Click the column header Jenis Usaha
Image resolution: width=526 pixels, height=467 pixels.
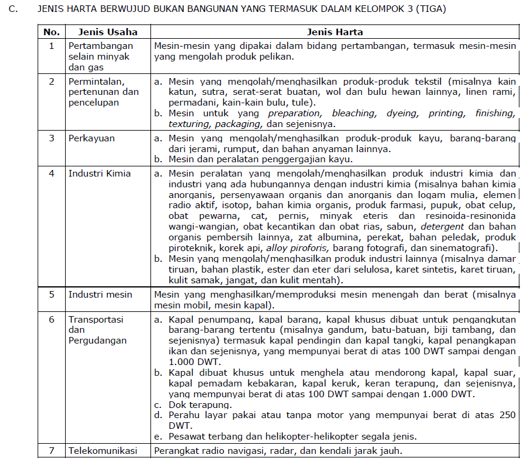tap(103, 32)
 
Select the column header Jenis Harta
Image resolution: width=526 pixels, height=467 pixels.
tap(335, 32)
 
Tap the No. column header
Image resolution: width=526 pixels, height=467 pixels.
tap(52, 32)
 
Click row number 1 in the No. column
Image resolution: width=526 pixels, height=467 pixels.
tap(52, 45)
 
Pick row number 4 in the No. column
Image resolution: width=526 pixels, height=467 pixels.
tap(52, 174)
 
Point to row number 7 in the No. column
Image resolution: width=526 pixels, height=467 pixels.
tap(52, 451)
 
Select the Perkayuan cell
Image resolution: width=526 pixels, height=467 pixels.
tap(90, 138)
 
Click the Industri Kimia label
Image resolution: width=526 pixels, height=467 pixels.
tap(99, 174)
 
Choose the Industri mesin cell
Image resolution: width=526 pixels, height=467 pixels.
tap(100, 295)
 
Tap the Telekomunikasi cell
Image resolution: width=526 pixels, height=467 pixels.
tap(103, 451)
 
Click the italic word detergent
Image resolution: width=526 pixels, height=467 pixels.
tap(443, 227)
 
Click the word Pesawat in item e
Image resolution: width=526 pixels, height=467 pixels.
tap(187, 436)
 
